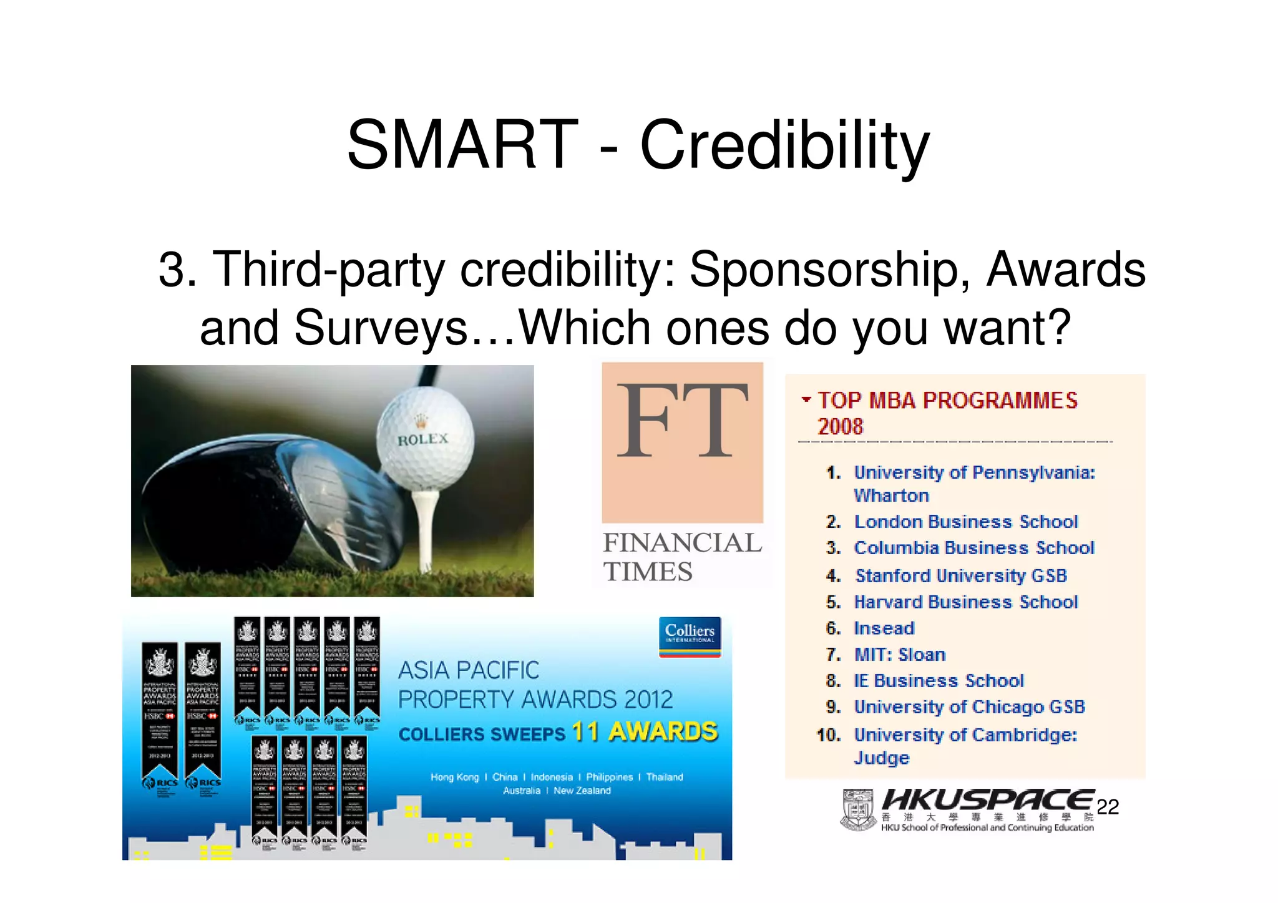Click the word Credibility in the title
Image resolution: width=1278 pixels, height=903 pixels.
pos(784,145)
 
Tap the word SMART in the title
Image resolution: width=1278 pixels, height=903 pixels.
pos(462,145)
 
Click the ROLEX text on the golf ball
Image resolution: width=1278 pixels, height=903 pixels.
pos(423,439)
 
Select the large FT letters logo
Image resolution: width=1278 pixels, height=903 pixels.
pos(682,422)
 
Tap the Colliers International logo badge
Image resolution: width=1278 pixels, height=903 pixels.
pos(690,636)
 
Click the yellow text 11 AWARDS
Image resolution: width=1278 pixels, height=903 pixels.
pos(645,731)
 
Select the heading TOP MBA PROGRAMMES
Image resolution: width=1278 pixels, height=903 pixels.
pos(947,401)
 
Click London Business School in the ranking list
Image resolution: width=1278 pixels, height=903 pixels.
pos(965,522)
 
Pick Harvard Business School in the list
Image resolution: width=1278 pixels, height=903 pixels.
pos(965,602)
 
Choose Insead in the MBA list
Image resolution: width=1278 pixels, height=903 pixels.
pos(884,628)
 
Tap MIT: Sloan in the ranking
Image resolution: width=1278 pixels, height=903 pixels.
pos(899,655)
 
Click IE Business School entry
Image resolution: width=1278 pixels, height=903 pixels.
pos(939,681)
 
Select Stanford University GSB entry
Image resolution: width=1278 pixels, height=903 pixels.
pos(960,575)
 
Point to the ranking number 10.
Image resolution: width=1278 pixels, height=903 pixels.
pos(829,735)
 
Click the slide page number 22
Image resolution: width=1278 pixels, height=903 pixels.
pos(1108,807)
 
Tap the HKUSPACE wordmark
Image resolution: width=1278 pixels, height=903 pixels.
pos(987,800)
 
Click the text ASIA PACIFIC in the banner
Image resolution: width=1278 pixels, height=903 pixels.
pos(468,670)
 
